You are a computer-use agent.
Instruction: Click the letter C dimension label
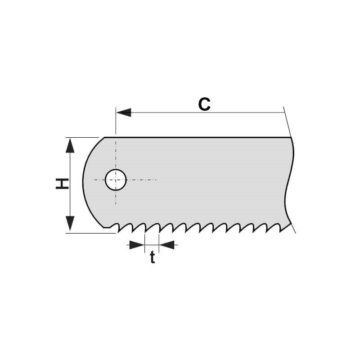click(204, 104)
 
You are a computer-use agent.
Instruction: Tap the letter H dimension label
click(62, 184)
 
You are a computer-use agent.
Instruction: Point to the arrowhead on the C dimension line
click(123, 112)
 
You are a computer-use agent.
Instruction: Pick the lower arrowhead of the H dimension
click(70, 223)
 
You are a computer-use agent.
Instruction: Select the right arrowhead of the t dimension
click(166, 245)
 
